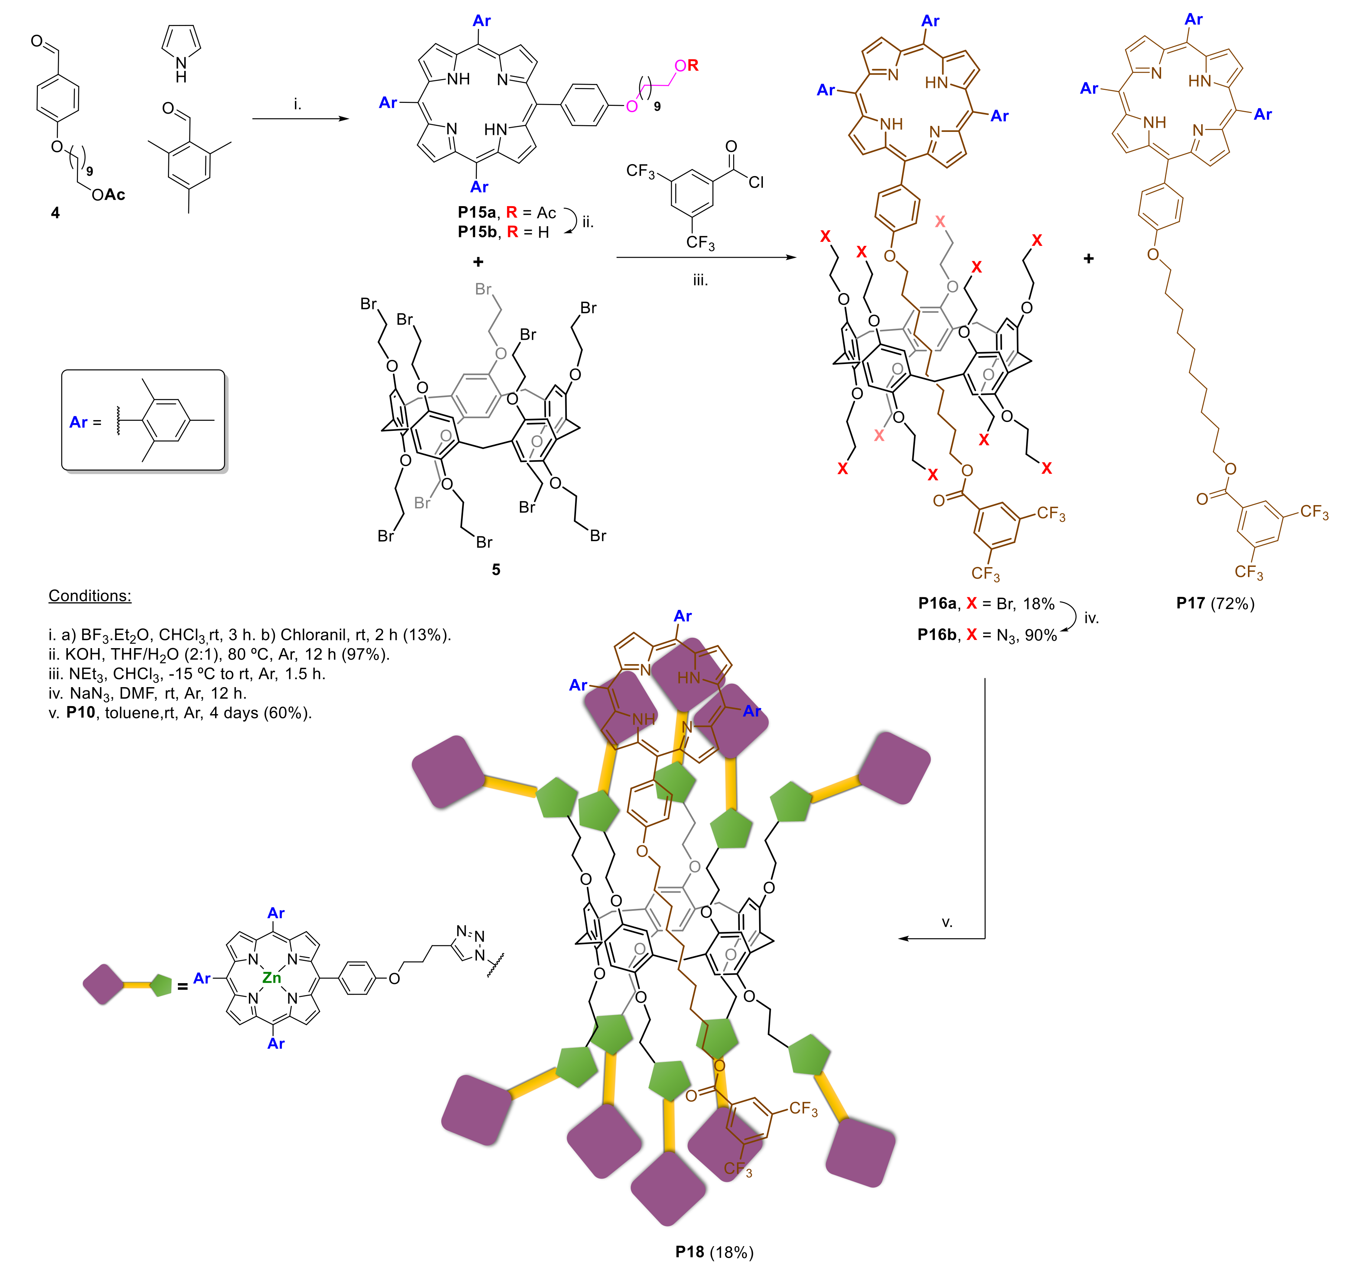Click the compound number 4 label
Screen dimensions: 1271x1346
click(56, 213)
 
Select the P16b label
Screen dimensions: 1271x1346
click(937, 635)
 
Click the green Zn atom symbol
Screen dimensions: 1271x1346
click(272, 978)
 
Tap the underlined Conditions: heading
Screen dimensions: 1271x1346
click(90, 595)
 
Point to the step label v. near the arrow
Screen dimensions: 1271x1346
click(947, 922)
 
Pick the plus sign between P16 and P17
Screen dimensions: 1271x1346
click(1089, 258)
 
